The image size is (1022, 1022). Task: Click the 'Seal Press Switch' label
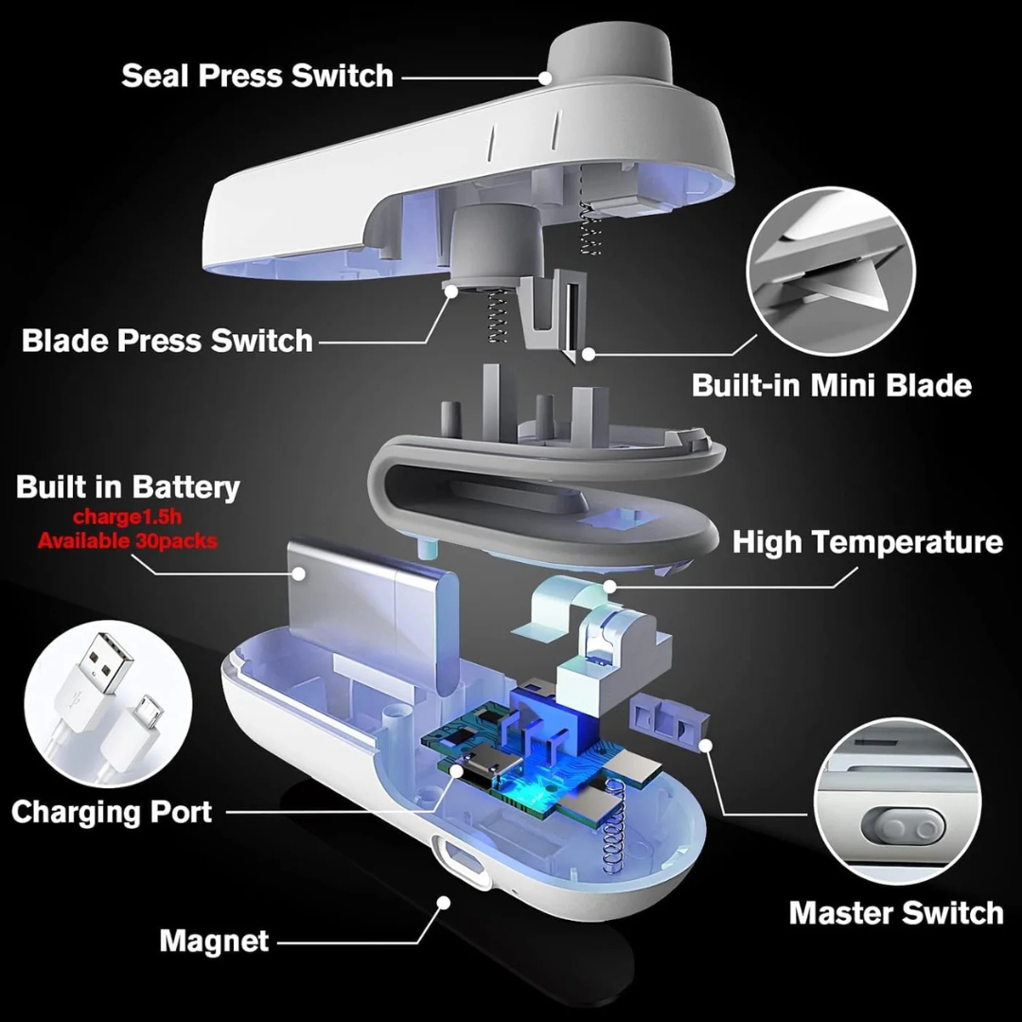pyautogui.click(x=256, y=76)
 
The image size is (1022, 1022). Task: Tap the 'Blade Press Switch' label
pyautogui.click(x=167, y=341)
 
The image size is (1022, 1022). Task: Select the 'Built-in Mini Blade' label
pyautogui.click(x=831, y=385)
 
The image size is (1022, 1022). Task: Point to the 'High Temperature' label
pyautogui.click(x=867, y=542)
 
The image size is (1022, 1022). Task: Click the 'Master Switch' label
pyautogui.click(x=895, y=912)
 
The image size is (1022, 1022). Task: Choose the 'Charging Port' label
pyautogui.click(x=112, y=811)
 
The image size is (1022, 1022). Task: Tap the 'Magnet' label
pyautogui.click(x=214, y=941)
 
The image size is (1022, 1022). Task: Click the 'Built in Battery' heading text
pyautogui.click(x=128, y=487)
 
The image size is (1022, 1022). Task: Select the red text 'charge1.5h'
pyautogui.click(x=128, y=518)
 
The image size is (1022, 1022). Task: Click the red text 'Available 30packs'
pyautogui.click(x=128, y=541)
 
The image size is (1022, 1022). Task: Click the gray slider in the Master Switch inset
pyautogui.click(x=905, y=828)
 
